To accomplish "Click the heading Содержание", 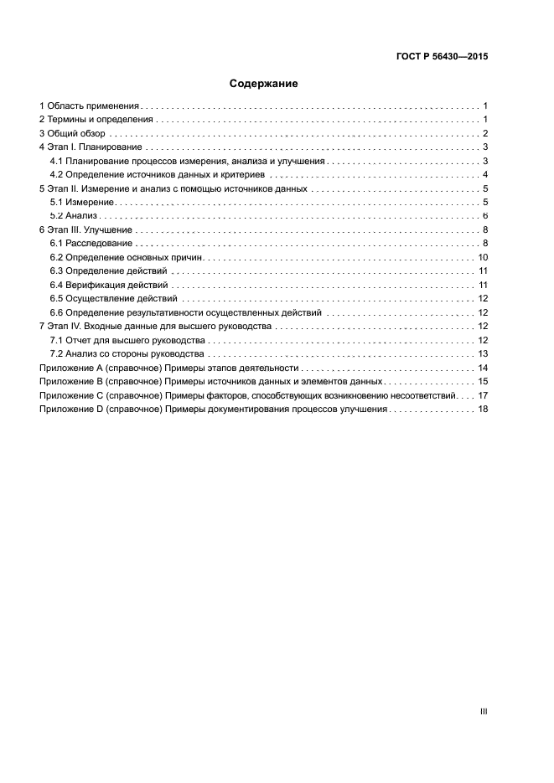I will [264, 84].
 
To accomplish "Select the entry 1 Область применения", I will [90, 106].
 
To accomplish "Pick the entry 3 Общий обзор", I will [72, 133].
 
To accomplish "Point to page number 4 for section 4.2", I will [485, 174].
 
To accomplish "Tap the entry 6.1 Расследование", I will [91, 243].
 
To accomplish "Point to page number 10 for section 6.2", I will [483, 257].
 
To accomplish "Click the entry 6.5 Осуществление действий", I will [112, 298].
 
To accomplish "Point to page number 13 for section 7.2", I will [483, 353].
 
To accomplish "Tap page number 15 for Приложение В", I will [483, 381].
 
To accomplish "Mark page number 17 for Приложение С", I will [483, 394].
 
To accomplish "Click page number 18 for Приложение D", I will [483, 409].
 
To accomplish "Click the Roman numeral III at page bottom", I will [484, 711].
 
